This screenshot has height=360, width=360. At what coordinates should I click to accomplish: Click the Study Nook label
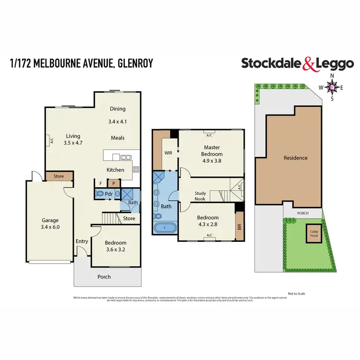point(200,196)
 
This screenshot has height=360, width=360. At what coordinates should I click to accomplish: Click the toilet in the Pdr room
point(100,194)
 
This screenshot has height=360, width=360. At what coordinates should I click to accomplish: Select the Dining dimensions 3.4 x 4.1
point(118,122)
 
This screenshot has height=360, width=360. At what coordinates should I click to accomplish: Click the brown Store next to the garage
point(59,176)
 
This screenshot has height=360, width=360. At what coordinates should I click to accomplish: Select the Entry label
point(81,241)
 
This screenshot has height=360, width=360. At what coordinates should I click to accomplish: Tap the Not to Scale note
point(296,293)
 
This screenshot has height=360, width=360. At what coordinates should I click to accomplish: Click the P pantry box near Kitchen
point(114,183)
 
